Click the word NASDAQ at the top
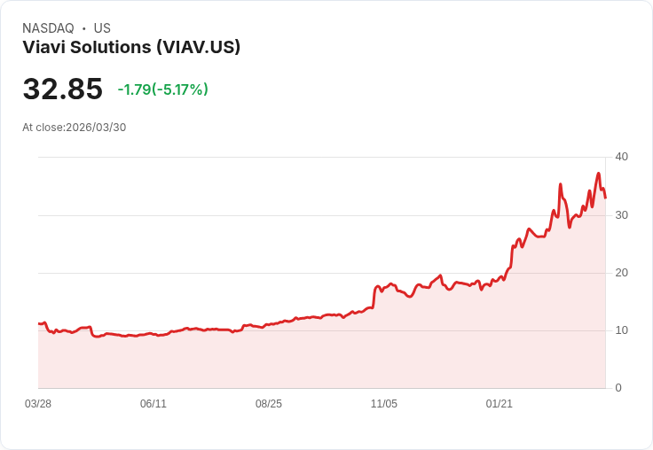(48, 28)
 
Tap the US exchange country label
(102, 28)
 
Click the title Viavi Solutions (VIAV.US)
(131, 48)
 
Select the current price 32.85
(62, 89)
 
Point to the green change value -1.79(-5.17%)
(162, 89)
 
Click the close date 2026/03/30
(96, 128)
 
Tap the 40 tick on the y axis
(621, 157)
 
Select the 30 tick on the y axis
(621, 215)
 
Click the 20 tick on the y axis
(621, 273)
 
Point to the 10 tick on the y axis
(621, 330)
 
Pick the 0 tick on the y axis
(618, 388)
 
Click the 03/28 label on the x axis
(38, 404)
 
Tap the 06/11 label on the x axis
(153, 404)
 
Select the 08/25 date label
(269, 404)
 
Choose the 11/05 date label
(384, 404)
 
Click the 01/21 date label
(500, 404)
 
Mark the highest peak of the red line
(599, 174)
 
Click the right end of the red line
(605, 198)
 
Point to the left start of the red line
(39, 323)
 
